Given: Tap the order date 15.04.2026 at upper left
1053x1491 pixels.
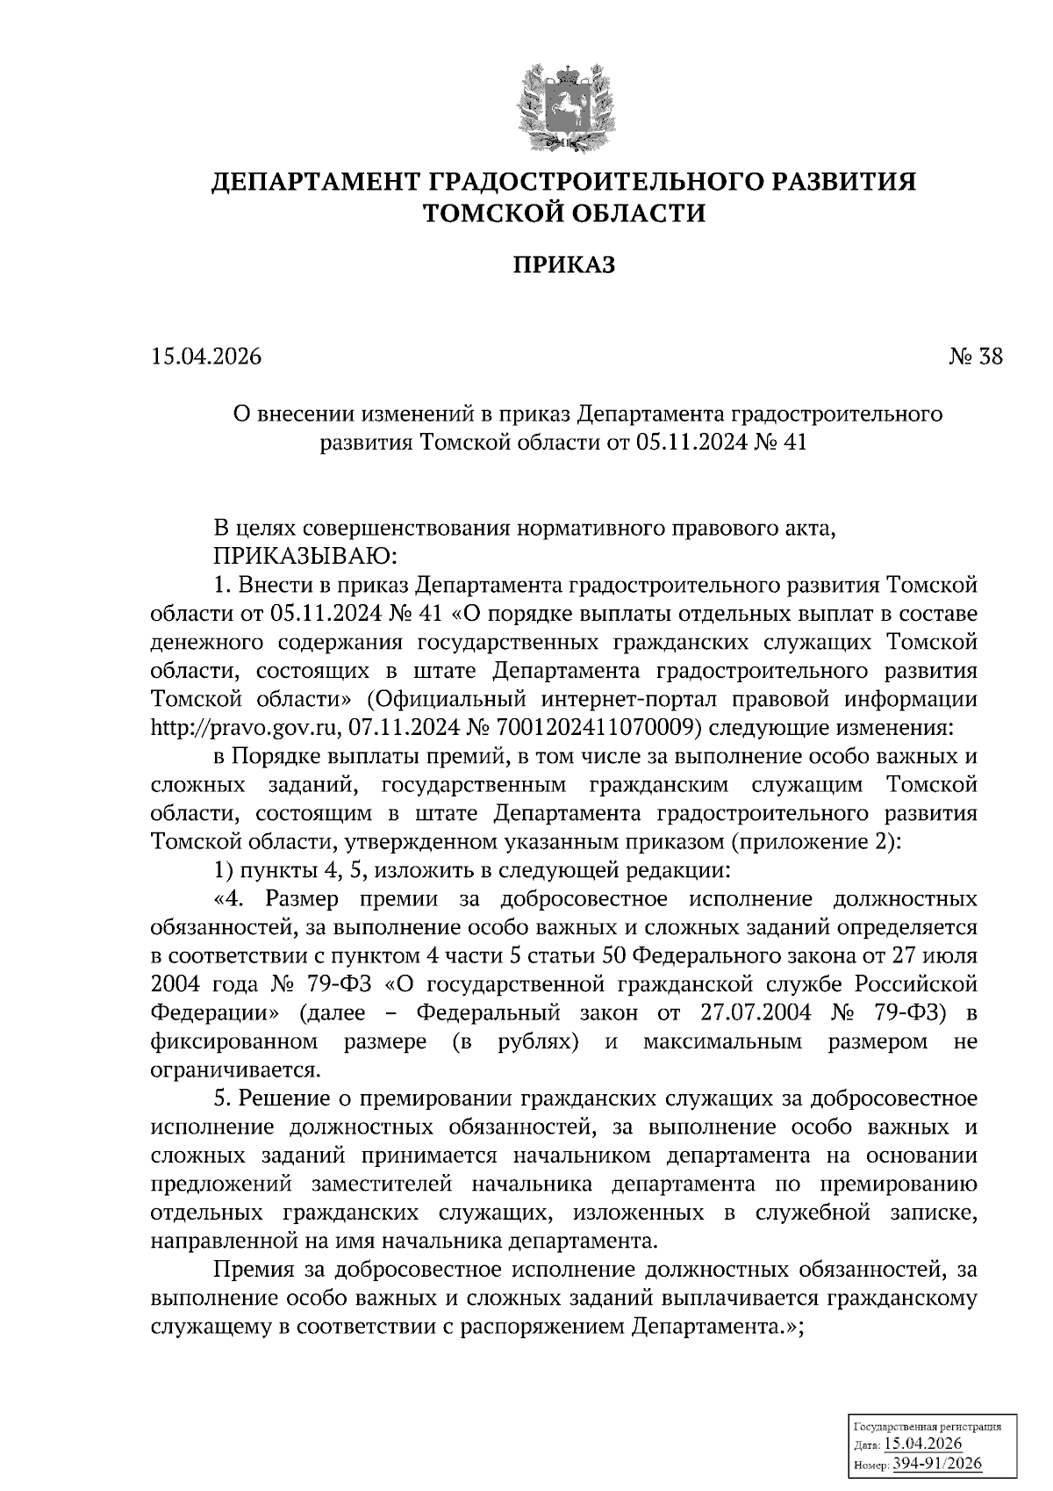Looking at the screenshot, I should [x=207, y=357].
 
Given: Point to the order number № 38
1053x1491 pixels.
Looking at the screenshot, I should [x=973, y=357].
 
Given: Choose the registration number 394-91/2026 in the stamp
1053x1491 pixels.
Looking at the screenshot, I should [x=937, y=1463].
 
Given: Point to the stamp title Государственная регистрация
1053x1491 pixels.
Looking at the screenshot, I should [x=927, y=1428].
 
